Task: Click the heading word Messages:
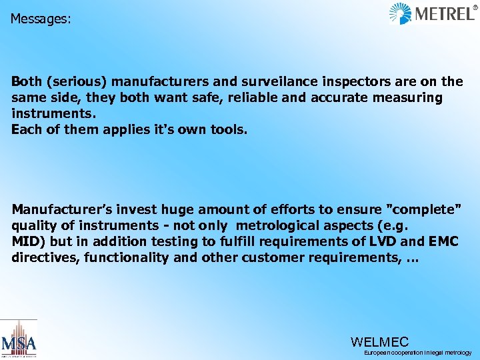click(x=40, y=19)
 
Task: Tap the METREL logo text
click(x=445, y=14)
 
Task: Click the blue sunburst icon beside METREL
click(x=400, y=14)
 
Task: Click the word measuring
click(x=410, y=98)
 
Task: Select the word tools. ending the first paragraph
click(x=228, y=129)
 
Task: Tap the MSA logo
click(x=18, y=341)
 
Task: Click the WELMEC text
click(x=379, y=342)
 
